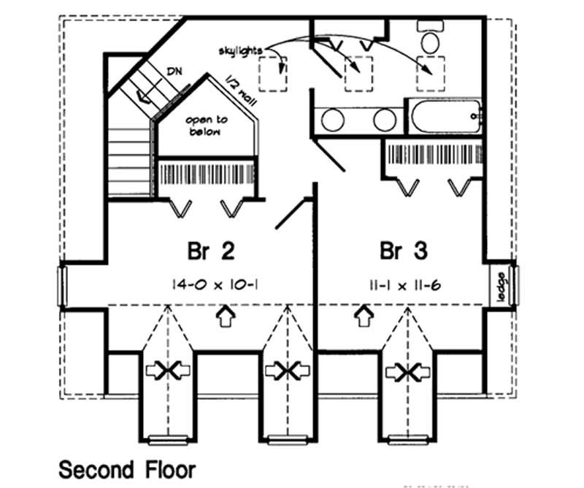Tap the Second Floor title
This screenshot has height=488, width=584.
pos(127,468)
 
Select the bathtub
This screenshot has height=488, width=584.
pos(443,117)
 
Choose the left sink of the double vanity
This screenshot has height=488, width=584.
pos(334,119)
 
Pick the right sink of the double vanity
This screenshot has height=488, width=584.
pos(384,119)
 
